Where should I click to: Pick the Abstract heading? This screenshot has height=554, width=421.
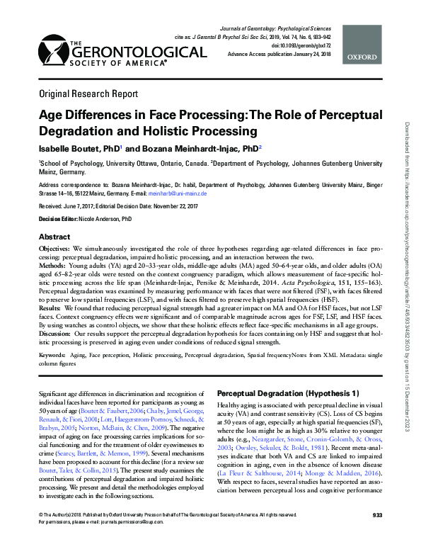pos(54,237)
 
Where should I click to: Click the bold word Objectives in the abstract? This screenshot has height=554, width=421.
pos(55,250)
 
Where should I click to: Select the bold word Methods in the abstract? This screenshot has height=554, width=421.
pos(54,264)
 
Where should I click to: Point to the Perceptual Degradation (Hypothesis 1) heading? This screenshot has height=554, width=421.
pos(287,392)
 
